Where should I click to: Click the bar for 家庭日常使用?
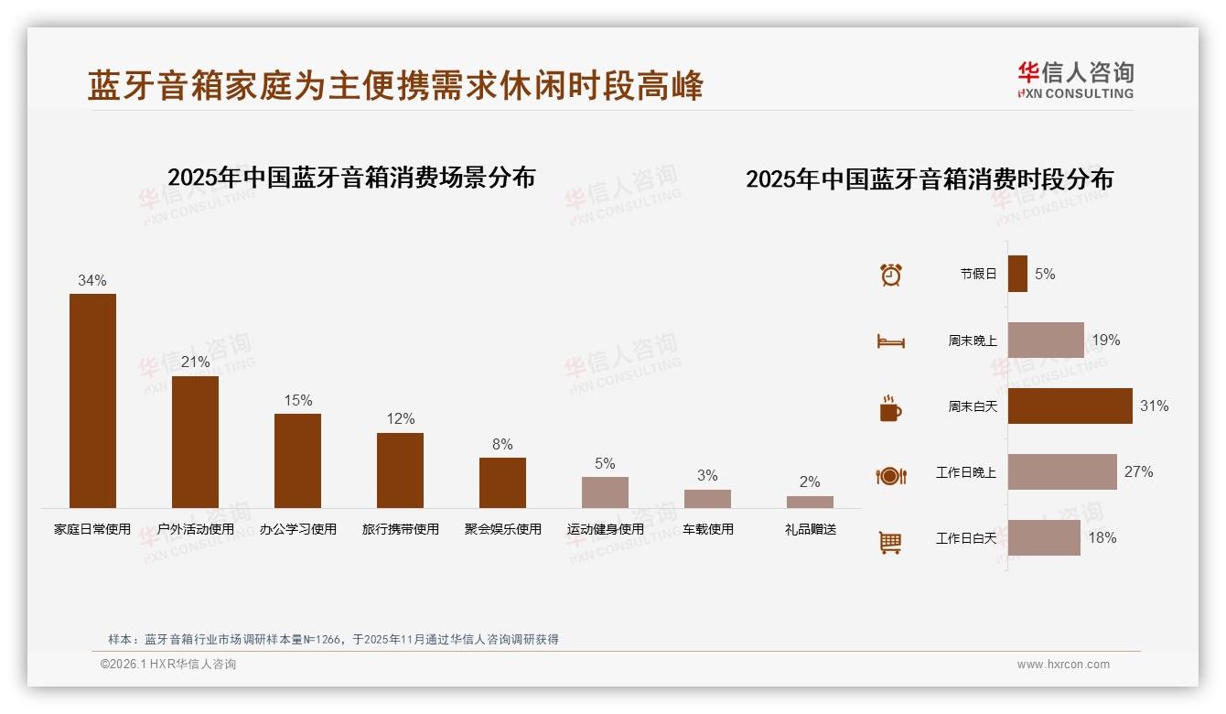click(92, 401)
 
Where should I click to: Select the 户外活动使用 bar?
click(195, 442)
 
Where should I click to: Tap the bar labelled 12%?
click(400, 471)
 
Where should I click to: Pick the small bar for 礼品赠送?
click(810, 502)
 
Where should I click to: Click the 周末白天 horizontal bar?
click(1070, 406)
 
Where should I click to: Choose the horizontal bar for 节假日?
click(1017, 274)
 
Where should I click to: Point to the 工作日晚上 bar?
click(1062, 471)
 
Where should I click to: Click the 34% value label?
click(92, 280)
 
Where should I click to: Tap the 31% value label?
click(1154, 406)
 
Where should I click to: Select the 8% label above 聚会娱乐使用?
click(502, 444)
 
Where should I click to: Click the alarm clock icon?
click(890, 275)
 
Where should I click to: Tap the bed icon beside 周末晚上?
click(890, 341)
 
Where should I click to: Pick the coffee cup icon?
click(890, 408)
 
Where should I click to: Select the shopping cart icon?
click(890, 542)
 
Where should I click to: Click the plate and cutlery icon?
click(890, 475)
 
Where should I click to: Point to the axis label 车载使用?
click(707, 529)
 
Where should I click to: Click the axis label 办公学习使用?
click(297, 529)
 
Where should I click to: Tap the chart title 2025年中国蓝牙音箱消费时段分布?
click(929, 178)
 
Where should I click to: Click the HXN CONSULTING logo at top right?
click(1075, 81)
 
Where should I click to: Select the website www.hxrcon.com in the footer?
click(1062, 665)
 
